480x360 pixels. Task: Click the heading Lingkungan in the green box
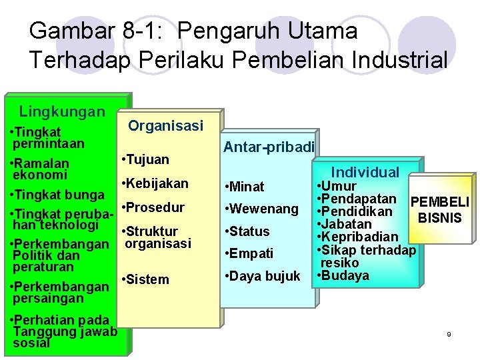(62, 111)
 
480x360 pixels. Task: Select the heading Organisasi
(165, 125)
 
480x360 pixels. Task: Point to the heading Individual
(365, 172)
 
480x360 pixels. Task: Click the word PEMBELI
(440, 202)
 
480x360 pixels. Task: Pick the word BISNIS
(439, 217)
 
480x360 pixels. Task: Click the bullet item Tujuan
(145, 159)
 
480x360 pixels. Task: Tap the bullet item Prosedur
(153, 207)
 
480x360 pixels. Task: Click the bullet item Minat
(245, 187)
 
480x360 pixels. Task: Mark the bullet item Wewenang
(263, 209)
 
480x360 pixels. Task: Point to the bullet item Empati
(250, 253)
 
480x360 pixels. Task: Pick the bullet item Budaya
(343, 276)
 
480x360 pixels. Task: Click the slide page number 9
(449, 334)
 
